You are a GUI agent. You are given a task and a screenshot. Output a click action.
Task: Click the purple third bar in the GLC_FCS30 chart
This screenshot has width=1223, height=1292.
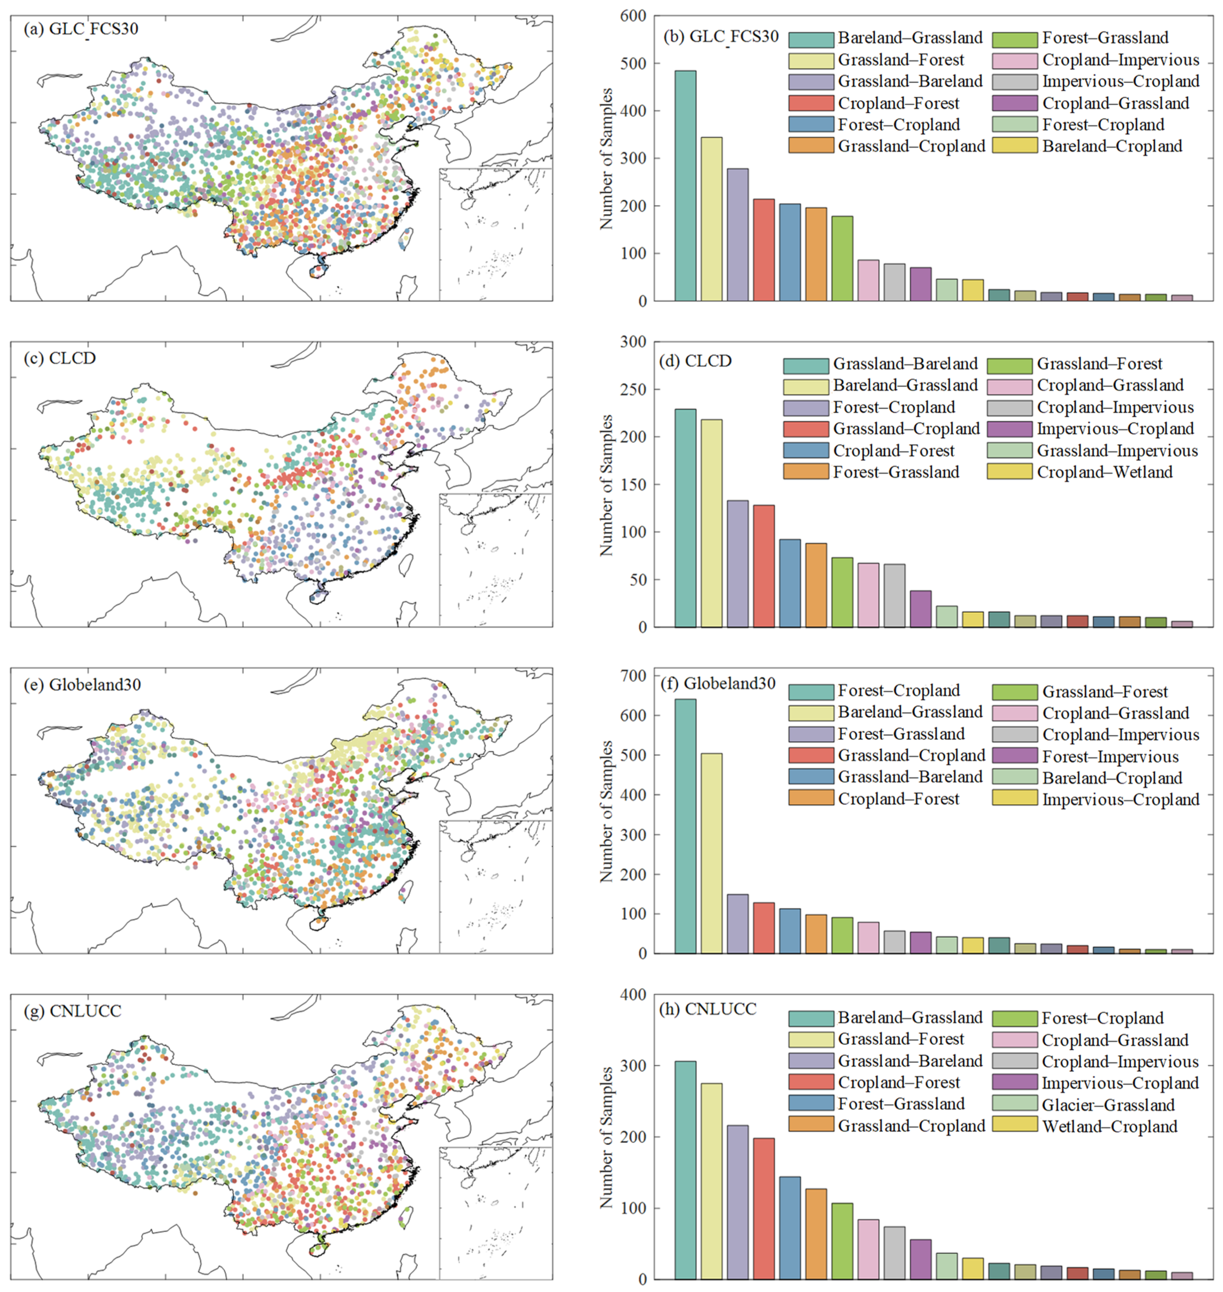[737, 235]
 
